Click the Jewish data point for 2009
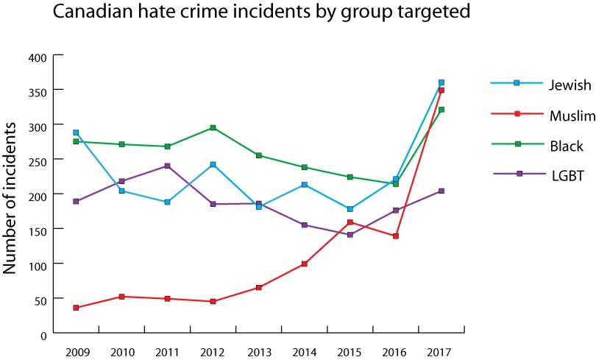pos(76,133)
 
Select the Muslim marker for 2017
pos(441,91)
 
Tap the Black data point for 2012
pos(213,127)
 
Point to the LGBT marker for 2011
pos(167,166)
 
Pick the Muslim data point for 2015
pos(350,222)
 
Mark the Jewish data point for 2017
pos(441,82)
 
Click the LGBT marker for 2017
pos(441,191)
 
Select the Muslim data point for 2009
pos(76,308)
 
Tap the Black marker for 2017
pos(441,110)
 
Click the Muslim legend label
pos(571,115)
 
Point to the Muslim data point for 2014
pos(305,264)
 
